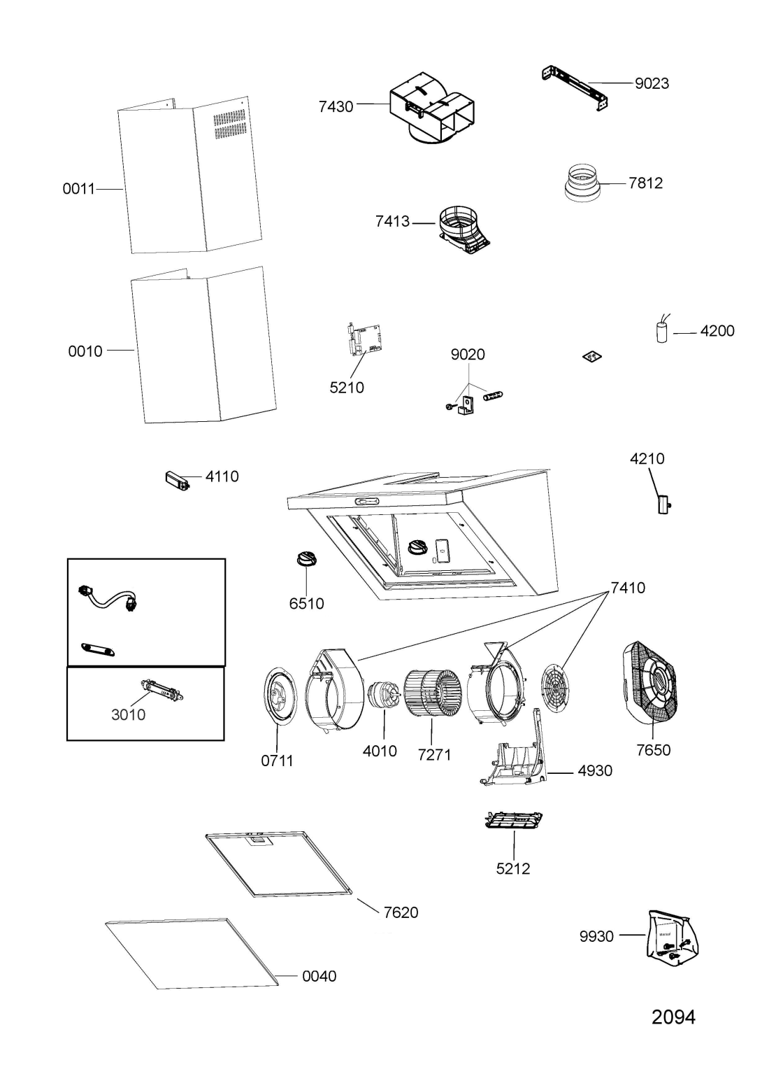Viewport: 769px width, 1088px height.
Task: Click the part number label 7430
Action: pos(336,107)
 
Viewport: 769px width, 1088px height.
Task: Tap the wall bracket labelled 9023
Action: pos(575,88)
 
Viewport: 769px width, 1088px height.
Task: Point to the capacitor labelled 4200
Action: pos(661,332)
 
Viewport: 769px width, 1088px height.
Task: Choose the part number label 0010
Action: pos(85,351)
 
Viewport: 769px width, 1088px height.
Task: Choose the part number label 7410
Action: pos(628,588)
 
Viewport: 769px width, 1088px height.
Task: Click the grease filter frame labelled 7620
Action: pos(283,865)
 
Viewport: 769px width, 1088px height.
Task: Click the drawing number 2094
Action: pos(673,1017)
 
